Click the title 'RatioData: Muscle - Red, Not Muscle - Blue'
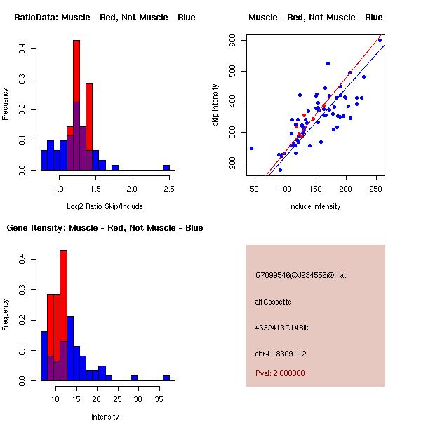click(x=105, y=18)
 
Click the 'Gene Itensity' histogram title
click(x=105, y=228)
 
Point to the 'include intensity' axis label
click(x=314, y=206)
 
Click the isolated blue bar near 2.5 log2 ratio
click(x=166, y=168)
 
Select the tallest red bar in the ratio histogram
click(x=76, y=105)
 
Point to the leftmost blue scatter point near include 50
click(x=251, y=148)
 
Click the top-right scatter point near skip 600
click(x=380, y=40)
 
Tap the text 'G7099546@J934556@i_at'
click(x=300, y=275)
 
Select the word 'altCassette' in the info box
click(x=273, y=302)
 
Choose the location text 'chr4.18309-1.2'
click(x=281, y=353)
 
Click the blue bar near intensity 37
click(x=166, y=377)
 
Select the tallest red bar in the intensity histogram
click(x=64, y=316)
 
